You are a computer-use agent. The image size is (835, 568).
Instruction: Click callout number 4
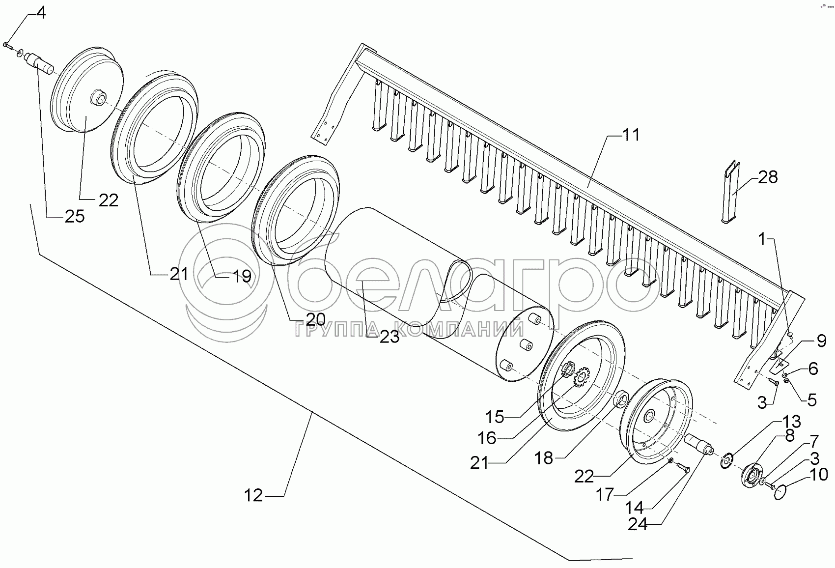41,13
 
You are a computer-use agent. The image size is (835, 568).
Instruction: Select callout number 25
75,216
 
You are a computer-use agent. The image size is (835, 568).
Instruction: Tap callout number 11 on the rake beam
631,135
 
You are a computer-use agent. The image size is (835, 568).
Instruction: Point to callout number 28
768,177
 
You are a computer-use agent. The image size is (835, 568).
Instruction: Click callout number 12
254,496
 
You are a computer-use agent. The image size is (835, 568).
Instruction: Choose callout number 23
389,337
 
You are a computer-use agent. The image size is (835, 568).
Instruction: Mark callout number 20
315,319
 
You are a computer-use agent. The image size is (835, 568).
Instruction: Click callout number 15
495,417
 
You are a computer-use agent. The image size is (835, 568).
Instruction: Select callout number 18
545,458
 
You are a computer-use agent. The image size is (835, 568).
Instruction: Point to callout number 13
791,422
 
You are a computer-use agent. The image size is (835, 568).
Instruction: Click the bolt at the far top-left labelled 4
5,45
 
